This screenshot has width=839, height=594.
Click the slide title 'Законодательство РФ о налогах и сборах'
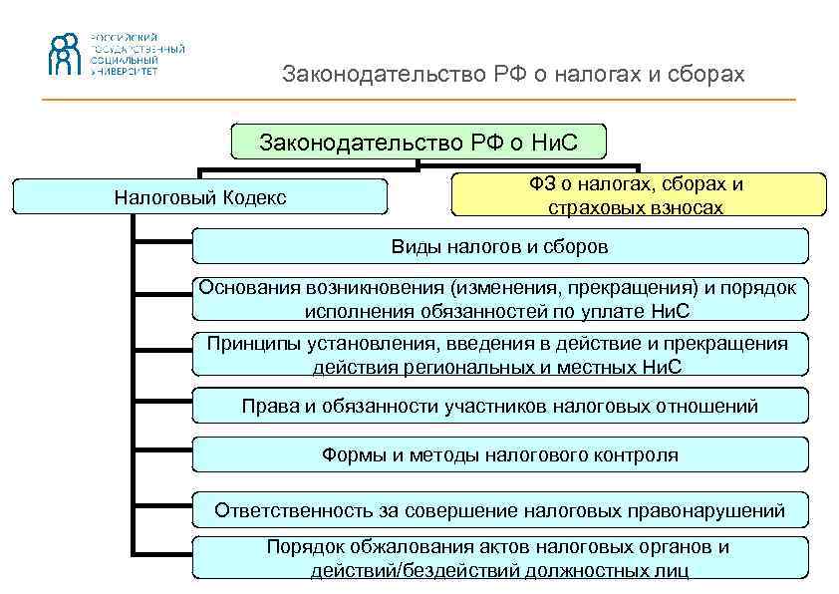513,75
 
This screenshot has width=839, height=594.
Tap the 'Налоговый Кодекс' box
200,197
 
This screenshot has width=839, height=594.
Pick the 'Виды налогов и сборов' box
499,245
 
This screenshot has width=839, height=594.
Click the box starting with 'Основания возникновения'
498,298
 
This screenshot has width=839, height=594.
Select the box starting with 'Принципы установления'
498,354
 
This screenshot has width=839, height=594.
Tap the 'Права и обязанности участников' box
499,406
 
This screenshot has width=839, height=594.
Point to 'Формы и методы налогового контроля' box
499,455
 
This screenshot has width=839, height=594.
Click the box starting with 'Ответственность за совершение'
499,510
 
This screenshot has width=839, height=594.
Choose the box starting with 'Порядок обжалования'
498,558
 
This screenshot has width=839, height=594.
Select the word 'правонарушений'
711,510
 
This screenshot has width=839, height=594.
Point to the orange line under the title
419,100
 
